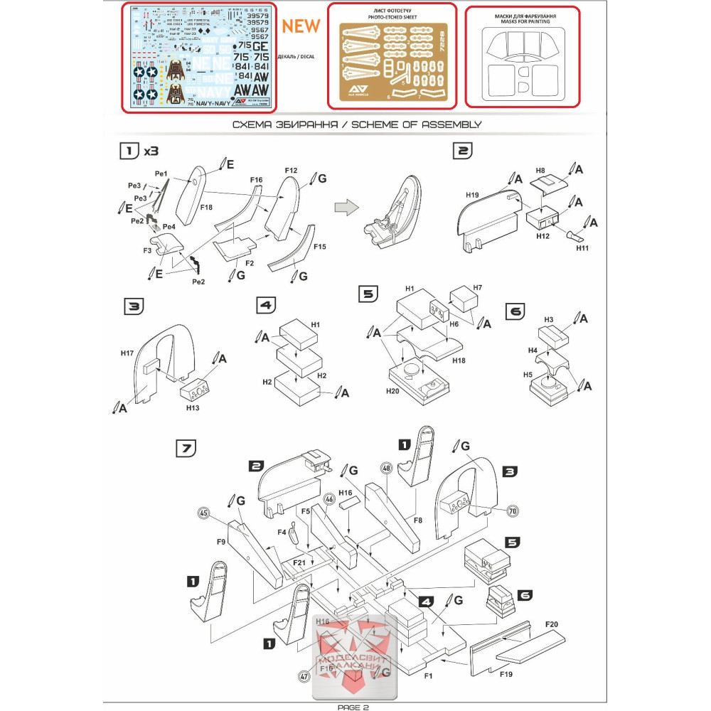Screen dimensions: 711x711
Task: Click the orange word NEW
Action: (x=301, y=26)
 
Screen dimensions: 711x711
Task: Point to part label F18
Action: (x=206, y=206)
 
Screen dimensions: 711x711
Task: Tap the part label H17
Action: (x=127, y=353)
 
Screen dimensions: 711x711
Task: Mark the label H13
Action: (x=193, y=408)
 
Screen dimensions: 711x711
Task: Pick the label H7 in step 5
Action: (x=477, y=287)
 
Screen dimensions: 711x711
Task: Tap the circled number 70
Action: (x=512, y=510)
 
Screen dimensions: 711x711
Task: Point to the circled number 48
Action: (x=386, y=469)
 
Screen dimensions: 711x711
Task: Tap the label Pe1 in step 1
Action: (x=160, y=173)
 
